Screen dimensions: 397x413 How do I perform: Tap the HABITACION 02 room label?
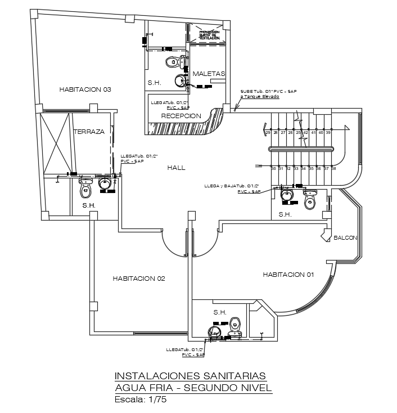(x=138, y=278)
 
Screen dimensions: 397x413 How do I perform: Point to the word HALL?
(x=176, y=167)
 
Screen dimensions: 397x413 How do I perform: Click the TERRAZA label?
(x=89, y=131)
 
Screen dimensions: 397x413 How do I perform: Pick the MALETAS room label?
(x=209, y=74)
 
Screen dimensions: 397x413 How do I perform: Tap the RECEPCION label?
(x=181, y=115)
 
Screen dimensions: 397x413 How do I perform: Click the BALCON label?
(x=345, y=237)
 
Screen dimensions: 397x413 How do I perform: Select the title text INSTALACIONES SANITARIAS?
(x=187, y=375)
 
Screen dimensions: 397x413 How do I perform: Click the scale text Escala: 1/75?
(x=141, y=400)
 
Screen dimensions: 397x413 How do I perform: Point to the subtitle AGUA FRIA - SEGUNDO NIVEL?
(x=193, y=388)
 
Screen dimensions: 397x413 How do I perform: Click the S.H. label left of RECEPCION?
(x=155, y=83)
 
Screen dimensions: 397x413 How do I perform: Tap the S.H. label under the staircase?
(x=285, y=214)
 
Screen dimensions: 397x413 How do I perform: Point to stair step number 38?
(x=333, y=168)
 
